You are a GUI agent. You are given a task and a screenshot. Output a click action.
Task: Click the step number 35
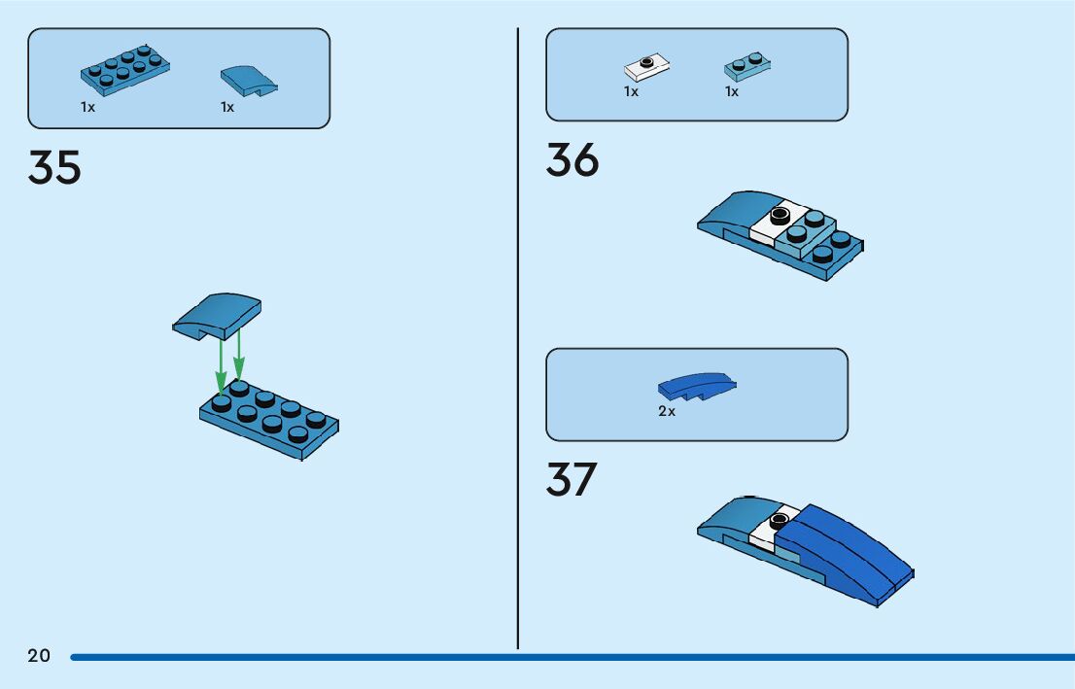coord(54,167)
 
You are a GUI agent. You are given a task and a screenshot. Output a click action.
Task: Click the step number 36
coord(572,160)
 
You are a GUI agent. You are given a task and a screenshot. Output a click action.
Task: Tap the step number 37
coord(572,479)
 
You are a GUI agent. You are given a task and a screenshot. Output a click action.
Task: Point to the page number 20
coord(39,656)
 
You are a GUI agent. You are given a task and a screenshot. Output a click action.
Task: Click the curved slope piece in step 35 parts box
coord(248,82)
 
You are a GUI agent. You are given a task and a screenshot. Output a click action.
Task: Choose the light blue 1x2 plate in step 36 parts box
coord(748,66)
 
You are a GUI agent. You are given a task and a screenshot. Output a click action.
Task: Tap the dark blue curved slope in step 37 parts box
coord(696,387)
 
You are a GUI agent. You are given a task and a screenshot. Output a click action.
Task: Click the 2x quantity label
coord(667,411)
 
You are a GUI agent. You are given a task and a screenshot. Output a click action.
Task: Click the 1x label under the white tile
coord(631,91)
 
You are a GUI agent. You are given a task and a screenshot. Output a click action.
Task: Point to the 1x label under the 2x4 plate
coord(87,107)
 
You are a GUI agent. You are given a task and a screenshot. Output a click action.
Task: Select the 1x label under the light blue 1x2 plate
coord(732,91)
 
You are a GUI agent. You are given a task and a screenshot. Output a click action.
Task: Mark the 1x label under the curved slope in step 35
coord(227,107)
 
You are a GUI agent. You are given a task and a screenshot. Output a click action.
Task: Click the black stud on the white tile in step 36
coord(779,215)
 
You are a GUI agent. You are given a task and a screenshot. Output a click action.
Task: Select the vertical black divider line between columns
coord(518,340)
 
